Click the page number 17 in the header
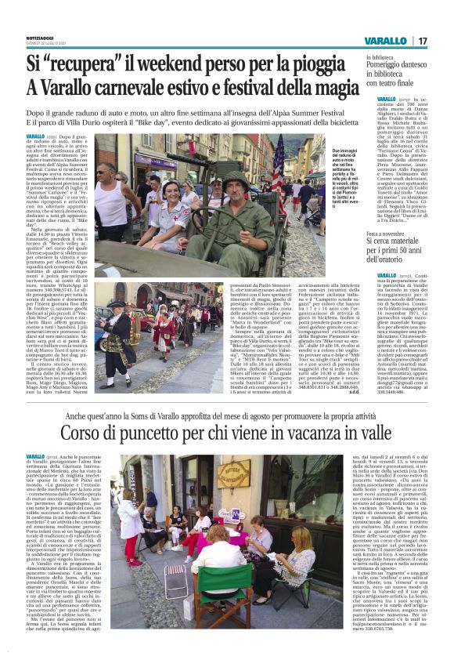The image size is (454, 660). coord(423,41)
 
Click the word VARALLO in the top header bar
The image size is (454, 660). coord(385,41)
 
